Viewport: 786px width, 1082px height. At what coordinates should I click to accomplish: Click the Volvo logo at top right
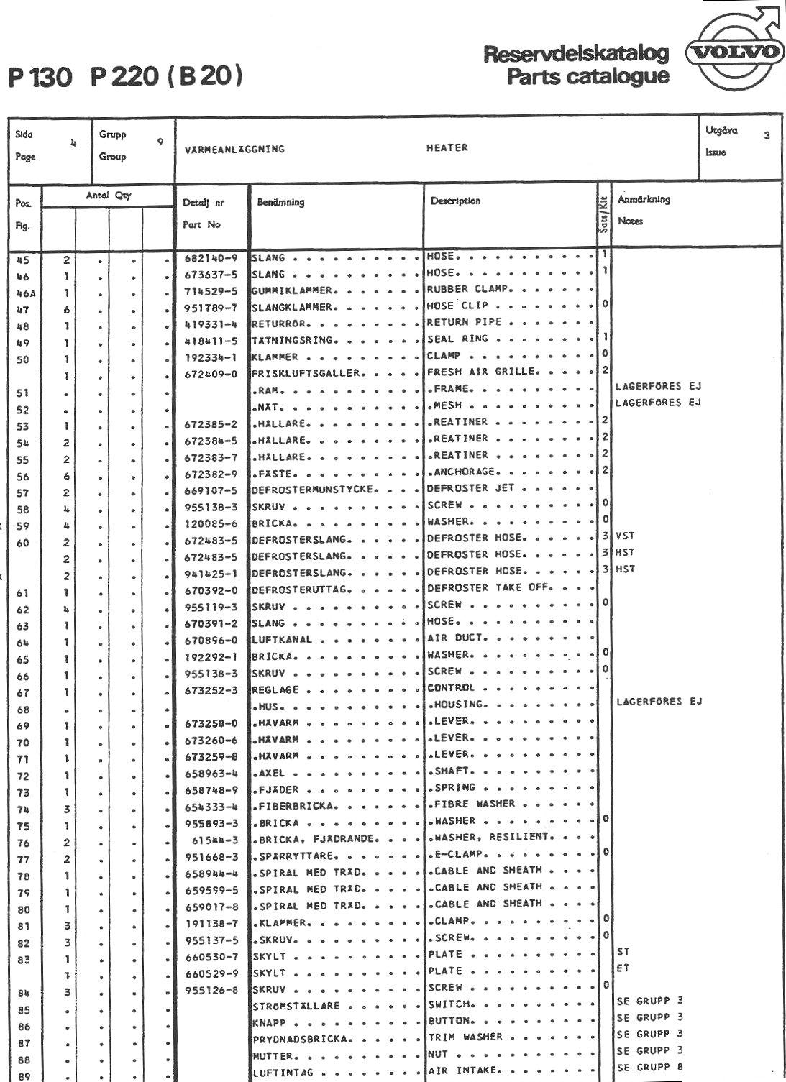734,52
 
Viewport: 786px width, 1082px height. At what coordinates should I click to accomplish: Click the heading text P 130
41,77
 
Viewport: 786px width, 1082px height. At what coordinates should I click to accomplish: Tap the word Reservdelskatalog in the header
576,55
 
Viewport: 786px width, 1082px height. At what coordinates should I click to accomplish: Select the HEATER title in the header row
447,148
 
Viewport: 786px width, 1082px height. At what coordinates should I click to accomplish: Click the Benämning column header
280,203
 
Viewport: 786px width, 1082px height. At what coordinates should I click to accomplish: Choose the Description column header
455,201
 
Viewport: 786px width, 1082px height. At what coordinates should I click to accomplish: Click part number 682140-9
211,257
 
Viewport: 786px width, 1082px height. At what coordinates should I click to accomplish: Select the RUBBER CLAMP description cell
468,290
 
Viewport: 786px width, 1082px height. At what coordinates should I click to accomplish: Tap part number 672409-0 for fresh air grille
211,373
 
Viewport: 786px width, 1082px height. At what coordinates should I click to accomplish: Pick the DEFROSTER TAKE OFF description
488,588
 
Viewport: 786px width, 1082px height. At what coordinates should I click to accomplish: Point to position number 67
23,693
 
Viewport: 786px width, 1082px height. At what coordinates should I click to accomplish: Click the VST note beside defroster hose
625,536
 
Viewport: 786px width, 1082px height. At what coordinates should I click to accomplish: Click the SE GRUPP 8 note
649,1068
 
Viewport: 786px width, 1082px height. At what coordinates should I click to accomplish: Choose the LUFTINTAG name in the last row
283,1073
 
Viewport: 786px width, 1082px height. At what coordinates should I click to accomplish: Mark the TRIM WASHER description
465,1037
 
